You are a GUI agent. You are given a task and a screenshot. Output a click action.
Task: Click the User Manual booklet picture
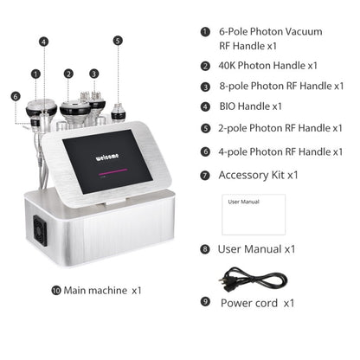tap(254, 215)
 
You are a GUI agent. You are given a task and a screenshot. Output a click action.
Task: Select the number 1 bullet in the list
tap(204, 32)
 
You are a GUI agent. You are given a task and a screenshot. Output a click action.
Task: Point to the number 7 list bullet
tap(204, 175)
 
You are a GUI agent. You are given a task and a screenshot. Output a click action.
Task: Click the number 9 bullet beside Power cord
tap(204, 303)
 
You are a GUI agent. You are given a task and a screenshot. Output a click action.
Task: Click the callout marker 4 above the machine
tap(43, 40)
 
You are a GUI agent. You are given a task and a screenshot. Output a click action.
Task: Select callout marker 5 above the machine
tap(118, 40)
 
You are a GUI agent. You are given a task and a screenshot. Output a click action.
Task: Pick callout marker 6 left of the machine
tap(15, 97)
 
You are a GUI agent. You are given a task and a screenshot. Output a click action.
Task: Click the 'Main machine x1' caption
tap(103, 291)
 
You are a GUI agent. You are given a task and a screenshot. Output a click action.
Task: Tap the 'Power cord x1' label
tap(257, 303)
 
